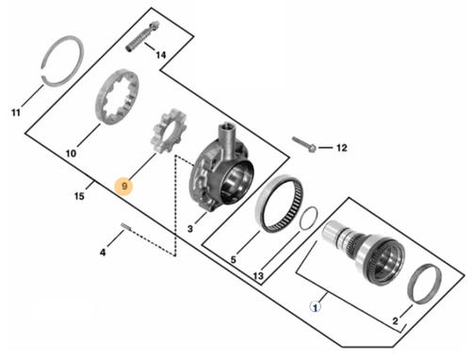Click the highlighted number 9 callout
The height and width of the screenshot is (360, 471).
(x=124, y=186)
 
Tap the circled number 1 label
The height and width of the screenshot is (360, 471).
(x=316, y=306)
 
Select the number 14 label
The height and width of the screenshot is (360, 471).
(x=161, y=56)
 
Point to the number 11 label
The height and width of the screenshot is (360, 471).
(x=16, y=112)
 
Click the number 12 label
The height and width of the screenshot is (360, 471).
(x=342, y=148)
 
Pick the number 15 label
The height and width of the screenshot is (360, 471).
(x=79, y=196)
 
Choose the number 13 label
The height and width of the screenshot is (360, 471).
(x=258, y=276)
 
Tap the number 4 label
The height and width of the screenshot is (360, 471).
(x=103, y=253)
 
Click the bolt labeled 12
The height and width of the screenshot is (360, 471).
(x=304, y=144)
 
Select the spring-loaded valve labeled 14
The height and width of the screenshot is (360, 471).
(x=143, y=36)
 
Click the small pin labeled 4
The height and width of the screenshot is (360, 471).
(x=125, y=225)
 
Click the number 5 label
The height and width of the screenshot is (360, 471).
(x=233, y=260)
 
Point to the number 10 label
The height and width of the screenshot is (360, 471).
(x=71, y=154)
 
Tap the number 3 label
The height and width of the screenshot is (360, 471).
(x=190, y=229)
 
